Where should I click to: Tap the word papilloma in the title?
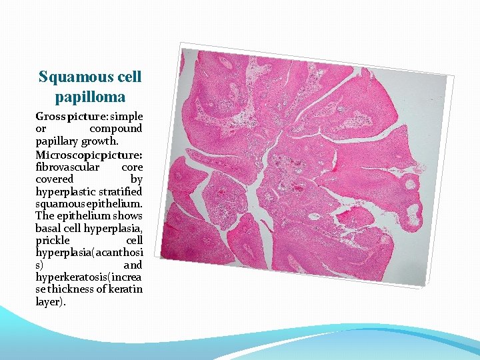pos(90,97)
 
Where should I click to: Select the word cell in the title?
pos(129,77)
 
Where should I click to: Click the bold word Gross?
pos(49,116)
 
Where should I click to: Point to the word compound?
pos(117,129)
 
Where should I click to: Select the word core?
pos(132,167)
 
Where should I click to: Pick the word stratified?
pos(121,192)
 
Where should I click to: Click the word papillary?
pos(57,141)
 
